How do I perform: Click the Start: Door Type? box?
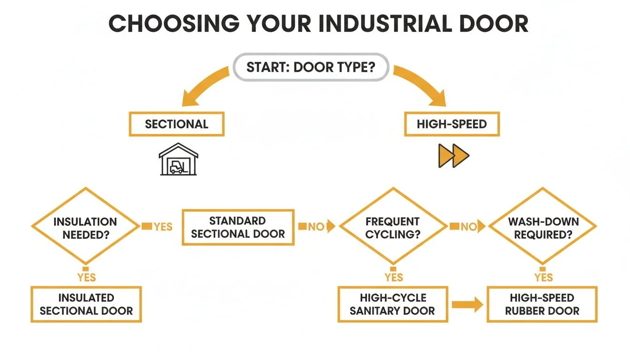[311, 67]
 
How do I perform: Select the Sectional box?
[176, 124]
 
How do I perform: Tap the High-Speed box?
[452, 124]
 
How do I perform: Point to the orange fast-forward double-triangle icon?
[453, 156]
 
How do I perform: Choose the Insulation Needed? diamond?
[85, 227]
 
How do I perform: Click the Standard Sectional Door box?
[238, 227]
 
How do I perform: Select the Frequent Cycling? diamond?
[393, 227]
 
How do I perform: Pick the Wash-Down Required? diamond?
[543, 227]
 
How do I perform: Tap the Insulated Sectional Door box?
[86, 304]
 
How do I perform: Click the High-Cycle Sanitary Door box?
[392, 304]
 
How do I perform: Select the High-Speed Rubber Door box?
[542, 304]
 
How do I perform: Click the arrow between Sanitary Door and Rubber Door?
[467, 306]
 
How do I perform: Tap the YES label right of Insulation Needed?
[163, 227]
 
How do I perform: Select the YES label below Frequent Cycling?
[394, 277]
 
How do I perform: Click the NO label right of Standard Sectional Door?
[316, 227]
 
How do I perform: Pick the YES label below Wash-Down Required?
[544, 277]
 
